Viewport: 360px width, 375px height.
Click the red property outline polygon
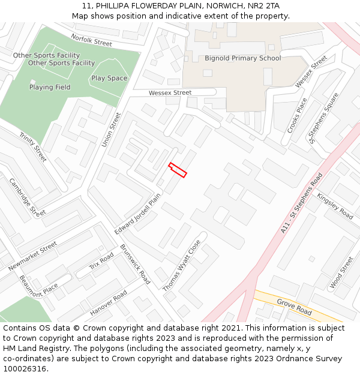point(178,170)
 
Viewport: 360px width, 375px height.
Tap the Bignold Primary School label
point(242,58)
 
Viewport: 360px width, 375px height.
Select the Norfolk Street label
point(91,40)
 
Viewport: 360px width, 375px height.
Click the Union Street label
point(111,130)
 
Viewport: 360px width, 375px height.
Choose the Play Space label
point(109,78)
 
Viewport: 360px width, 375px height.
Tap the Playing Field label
point(50,87)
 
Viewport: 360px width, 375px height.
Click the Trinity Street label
point(33,147)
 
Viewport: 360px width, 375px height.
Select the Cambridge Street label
point(27,197)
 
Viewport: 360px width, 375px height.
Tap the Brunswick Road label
point(135,264)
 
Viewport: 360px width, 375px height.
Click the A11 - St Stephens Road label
point(301,203)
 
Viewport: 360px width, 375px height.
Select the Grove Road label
point(294,307)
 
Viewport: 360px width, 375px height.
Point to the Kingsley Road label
point(335,206)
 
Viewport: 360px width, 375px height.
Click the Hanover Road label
point(109,304)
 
